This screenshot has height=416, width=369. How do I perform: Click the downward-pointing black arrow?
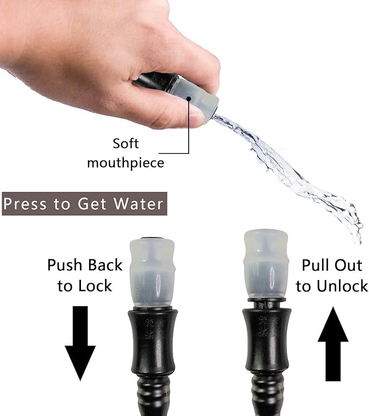(x=80, y=343)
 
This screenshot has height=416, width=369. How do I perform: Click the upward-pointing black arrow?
(x=333, y=346)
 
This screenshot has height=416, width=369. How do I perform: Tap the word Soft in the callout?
(x=126, y=144)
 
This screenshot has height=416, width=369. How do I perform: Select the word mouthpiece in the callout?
(x=126, y=163)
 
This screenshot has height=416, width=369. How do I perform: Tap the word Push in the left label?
(x=66, y=265)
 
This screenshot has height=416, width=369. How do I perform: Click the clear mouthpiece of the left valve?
(x=152, y=272)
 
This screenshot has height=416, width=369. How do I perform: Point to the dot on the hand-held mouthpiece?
(x=189, y=99)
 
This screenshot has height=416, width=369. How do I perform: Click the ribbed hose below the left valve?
(x=154, y=397)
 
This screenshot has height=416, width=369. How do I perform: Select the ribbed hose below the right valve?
(x=267, y=397)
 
